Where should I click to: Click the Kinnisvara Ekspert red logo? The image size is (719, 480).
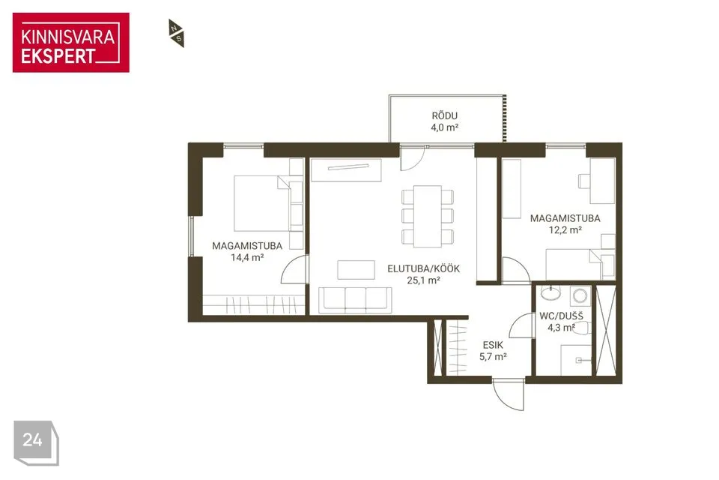tap(71, 43)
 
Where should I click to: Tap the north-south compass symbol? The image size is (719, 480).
tap(176, 33)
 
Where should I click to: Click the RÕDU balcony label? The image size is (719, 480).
tap(444, 115)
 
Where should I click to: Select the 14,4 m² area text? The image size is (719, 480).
tap(247, 258)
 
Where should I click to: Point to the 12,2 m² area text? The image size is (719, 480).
tap(565, 230)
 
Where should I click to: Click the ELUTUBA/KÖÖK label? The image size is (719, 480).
tap(423, 268)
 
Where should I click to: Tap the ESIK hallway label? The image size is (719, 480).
tap(493, 345)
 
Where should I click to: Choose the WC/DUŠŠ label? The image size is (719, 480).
tap(561, 316)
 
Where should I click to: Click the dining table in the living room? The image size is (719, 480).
tap(428, 216)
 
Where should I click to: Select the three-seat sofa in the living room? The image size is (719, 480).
tap(355, 301)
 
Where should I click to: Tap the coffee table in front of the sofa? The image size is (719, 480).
tap(357, 270)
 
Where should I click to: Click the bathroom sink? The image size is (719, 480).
tap(550, 292)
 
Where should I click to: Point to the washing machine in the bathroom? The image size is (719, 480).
tap(580, 295)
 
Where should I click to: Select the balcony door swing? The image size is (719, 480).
tap(412, 158)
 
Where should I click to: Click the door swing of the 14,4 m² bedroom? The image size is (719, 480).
tap(294, 270)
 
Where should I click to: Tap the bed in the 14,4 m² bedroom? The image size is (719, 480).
tap(262, 203)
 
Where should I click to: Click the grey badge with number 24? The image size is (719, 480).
tap(36, 442)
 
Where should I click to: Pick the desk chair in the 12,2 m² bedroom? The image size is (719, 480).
tap(584, 181)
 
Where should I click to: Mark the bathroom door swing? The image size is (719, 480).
tap(521, 325)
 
